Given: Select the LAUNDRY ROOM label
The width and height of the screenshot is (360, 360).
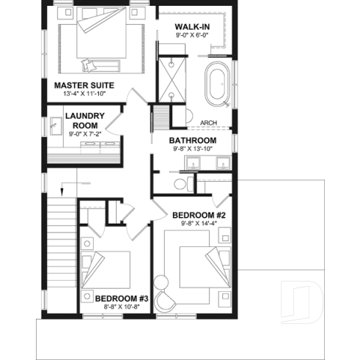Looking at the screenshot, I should click(x=84, y=120).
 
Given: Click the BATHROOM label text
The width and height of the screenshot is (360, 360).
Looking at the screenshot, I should click(x=192, y=140).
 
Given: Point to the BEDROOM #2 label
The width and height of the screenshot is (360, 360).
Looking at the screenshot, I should click(x=198, y=215).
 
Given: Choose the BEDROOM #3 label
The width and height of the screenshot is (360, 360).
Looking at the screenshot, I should click(x=122, y=298).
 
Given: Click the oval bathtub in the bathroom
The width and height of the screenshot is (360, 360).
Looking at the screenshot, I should click(x=217, y=82).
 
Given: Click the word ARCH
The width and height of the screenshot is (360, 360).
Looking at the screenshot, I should click(x=207, y=124).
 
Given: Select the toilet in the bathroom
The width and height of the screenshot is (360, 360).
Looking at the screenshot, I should click(x=180, y=183).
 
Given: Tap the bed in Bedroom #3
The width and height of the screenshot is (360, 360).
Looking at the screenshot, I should click(x=110, y=270).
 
